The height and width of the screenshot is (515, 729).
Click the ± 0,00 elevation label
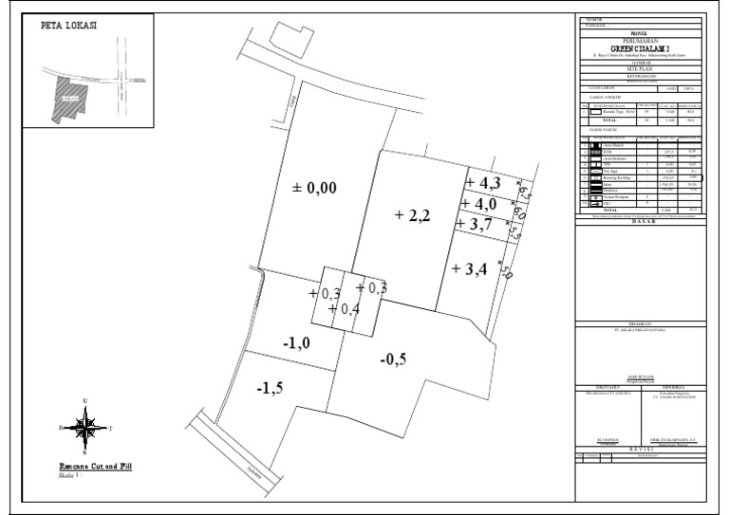click(x=313, y=189)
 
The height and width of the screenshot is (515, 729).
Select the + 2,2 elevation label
click(x=413, y=215)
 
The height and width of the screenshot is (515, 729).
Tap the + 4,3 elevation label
click(x=484, y=181)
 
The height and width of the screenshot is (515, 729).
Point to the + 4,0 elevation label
click(x=483, y=204)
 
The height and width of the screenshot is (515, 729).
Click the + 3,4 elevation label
click(x=470, y=268)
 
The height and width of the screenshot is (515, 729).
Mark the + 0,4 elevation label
click(x=344, y=309)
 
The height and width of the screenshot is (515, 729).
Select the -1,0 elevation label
click(x=297, y=342)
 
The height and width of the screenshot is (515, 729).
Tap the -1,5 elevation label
click(x=271, y=387)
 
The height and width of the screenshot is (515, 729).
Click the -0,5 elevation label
click(x=393, y=359)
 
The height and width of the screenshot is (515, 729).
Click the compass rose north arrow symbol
click(x=86, y=428)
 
